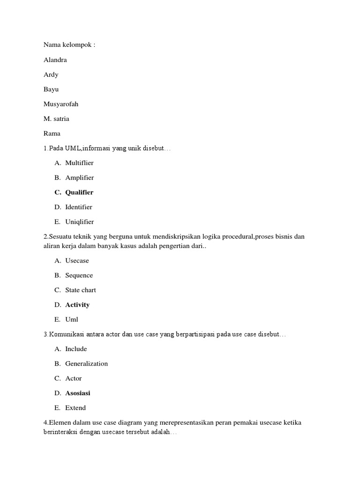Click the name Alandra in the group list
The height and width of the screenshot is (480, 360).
(x=55, y=60)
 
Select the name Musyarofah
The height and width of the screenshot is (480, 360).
(x=61, y=104)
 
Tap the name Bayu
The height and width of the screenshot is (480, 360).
(x=51, y=89)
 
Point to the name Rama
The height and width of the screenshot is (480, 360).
(x=52, y=134)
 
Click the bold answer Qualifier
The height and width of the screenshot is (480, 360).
(x=79, y=192)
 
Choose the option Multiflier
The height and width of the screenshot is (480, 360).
(x=79, y=163)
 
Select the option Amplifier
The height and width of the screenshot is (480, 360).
(x=79, y=178)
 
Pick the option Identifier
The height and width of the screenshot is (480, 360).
(x=79, y=207)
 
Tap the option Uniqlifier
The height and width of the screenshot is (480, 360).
(x=79, y=222)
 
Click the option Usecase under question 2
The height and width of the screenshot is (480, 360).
(x=77, y=261)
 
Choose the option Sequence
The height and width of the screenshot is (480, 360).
(x=79, y=275)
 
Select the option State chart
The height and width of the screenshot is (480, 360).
(x=81, y=290)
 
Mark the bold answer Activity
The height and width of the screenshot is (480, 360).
(x=77, y=305)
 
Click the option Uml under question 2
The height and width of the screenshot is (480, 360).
(x=72, y=320)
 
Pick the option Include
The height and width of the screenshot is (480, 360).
(x=76, y=349)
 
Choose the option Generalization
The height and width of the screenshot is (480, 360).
(x=86, y=364)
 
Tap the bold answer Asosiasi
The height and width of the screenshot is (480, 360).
(x=78, y=393)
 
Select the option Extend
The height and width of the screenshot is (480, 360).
(x=75, y=408)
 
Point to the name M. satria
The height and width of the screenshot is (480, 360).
(x=56, y=119)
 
